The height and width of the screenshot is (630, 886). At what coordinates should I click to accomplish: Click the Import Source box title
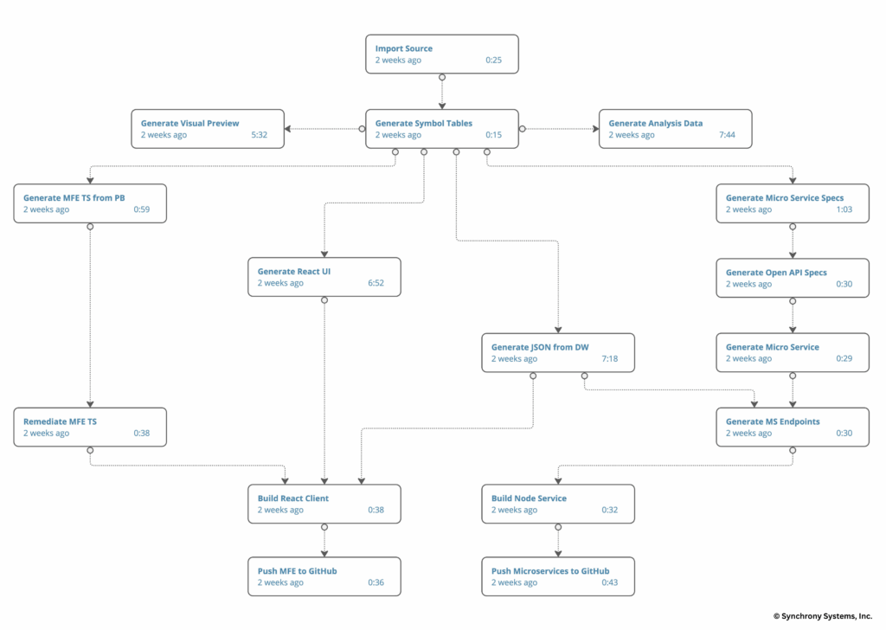pyautogui.click(x=403, y=48)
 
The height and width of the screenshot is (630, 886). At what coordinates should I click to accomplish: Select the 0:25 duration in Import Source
pyautogui.click(x=494, y=61)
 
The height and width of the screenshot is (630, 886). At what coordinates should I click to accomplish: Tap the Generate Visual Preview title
pyautogui.click(x=189, y=123)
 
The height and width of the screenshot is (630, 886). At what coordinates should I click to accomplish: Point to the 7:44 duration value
pyautogui.click(x=728, y=135)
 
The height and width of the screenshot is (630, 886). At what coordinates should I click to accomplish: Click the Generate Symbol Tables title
pyautogui.click(x=423, y=123)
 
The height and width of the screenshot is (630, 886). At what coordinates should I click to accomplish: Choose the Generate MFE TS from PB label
pyautogui.click(x=74, y=197)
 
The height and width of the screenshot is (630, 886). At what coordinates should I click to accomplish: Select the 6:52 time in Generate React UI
pyautogui.click(x=376, y=283)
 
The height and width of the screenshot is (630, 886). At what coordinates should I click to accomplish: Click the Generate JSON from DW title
pyautogui.click(x=540, y=347)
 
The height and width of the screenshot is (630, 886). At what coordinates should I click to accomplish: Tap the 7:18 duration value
pyautogui.click(x=611, y=359)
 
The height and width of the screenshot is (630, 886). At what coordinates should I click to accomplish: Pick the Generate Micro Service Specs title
pyautogui.click(x=784, y=197)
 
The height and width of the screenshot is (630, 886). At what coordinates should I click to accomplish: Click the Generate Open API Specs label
pyautogui.click(x=776, y=273)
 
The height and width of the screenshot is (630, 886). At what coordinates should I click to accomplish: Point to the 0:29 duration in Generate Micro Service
pyautogui.click(x=844, y=359)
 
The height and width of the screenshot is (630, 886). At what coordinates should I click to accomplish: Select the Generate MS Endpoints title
pyautogui.click(x=772, y=421)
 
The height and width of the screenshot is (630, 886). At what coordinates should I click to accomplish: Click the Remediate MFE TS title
pyautogui.click(x=60, y=421)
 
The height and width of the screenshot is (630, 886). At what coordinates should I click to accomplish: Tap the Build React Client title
pyautogui.click(x=292, y=498)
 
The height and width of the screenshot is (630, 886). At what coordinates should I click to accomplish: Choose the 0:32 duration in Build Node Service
pyautogui.click(x=611, y=511)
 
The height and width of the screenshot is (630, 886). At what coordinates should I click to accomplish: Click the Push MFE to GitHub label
pyautogui.click(x=297, y=571)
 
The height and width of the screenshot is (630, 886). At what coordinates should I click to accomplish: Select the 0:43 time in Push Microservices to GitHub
pyautogui.click(x=611, y=583)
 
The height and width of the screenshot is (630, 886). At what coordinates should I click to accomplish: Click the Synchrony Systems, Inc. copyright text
pyautogui.click(x=822, y=616)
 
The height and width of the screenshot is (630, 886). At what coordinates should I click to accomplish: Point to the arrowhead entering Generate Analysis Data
pyautogui.click(x=594, y=129)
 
